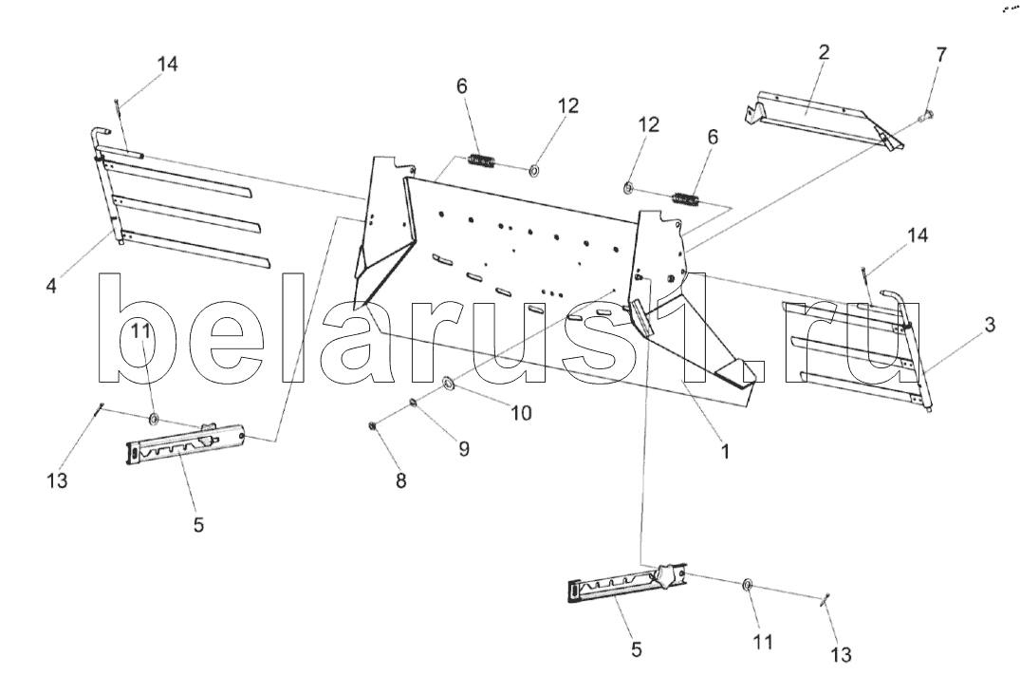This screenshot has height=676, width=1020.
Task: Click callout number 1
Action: coord(724,453)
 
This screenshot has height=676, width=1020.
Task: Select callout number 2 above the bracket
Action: coord(824,52)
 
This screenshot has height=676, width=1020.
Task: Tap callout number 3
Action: coord(990,326)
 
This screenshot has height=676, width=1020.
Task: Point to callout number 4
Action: coord(51,283)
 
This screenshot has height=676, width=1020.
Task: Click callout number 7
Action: coord(940,54)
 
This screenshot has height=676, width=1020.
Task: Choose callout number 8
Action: coord(400,480)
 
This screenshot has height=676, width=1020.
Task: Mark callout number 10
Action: coord(521,413)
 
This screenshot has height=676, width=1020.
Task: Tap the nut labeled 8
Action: coord(374,424)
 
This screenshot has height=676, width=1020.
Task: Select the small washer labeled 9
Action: coord(414,403)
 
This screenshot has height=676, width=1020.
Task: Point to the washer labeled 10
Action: coord(447,384)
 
